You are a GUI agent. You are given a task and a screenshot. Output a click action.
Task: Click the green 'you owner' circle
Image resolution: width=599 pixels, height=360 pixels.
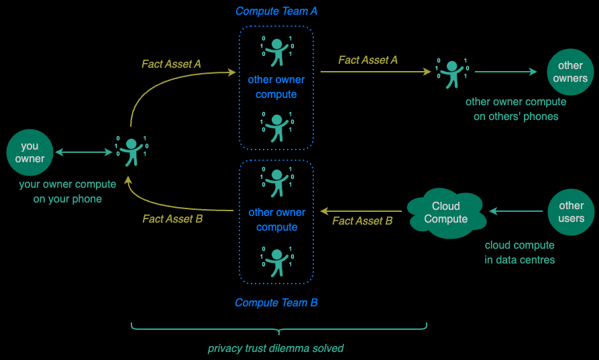pos(30,153)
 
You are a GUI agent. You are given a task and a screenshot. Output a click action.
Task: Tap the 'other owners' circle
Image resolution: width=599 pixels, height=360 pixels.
pos(570,72)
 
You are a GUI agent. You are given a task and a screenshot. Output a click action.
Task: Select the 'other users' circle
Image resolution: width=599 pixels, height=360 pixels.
pos(571,213)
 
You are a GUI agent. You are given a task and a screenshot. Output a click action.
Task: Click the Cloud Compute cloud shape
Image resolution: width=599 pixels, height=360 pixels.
pos(445,213)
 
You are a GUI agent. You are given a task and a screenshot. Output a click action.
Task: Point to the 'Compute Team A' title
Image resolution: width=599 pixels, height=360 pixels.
pos(276,11)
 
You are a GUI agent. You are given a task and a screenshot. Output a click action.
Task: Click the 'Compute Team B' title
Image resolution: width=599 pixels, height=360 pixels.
pos(276,303)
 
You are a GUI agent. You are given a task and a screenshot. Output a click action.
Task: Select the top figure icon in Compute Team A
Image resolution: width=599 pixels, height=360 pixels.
pos(276,51)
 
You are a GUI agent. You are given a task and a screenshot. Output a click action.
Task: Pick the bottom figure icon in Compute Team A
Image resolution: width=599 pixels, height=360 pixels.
pos(276,127)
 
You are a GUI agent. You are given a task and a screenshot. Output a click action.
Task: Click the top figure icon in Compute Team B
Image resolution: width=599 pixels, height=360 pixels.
pos(276,182)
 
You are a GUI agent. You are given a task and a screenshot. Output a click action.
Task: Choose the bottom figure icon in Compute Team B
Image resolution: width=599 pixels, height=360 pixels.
pos(276,261)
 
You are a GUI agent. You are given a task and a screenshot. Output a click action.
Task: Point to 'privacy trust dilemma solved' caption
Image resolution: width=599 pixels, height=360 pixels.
pos(276,349)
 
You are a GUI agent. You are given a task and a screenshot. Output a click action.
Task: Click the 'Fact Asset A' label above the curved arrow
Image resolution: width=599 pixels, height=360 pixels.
pos(171,64)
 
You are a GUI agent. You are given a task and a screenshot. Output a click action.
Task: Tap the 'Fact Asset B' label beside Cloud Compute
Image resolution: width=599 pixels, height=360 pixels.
pos(362,221)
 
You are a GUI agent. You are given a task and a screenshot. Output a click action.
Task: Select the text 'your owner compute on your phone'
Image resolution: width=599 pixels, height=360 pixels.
pos(68,191)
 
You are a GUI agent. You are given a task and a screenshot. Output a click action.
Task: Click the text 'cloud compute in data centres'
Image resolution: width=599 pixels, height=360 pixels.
pos(520,252)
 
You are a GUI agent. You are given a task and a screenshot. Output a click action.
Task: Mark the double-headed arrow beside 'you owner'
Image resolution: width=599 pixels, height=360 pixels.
pos(84,153)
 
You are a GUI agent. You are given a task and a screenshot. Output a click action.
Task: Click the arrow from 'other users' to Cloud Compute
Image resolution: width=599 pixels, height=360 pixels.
pos(516,212)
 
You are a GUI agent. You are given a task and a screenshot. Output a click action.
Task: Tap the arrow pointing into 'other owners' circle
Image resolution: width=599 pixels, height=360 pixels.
pos(506,72)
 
